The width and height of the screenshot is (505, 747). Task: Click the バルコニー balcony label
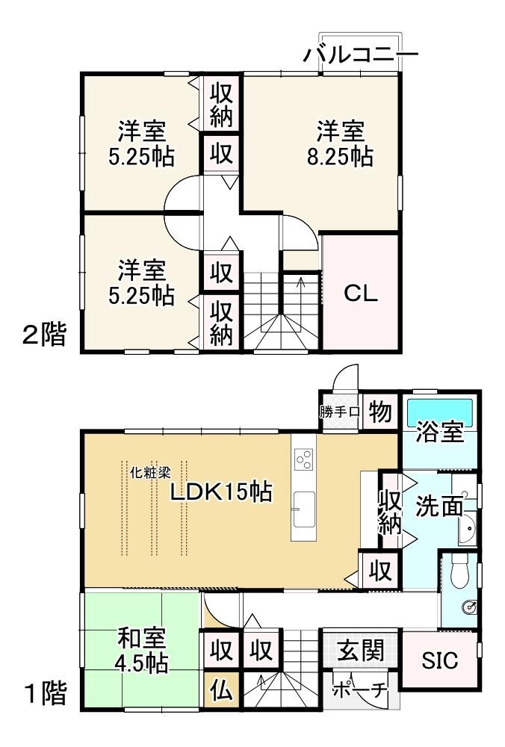(361, 55)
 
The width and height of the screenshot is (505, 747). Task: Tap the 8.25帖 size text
(340, 156)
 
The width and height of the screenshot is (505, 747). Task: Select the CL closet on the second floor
(361, 293)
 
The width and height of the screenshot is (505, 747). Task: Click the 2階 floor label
(44, 334)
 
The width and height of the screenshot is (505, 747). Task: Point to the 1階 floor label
(44, 693)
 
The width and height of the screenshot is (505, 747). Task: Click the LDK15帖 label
(221, 492)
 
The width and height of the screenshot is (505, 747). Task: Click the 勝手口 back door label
(339, 412)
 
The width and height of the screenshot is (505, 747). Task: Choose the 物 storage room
(379, 411)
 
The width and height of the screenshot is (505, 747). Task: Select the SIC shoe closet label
(440, 660)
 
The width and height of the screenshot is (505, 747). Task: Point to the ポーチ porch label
(359, 689)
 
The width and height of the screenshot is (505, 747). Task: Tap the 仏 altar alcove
(221, 690)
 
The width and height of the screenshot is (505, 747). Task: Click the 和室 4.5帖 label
(143, 650)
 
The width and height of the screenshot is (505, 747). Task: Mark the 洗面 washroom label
(439, 506)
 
